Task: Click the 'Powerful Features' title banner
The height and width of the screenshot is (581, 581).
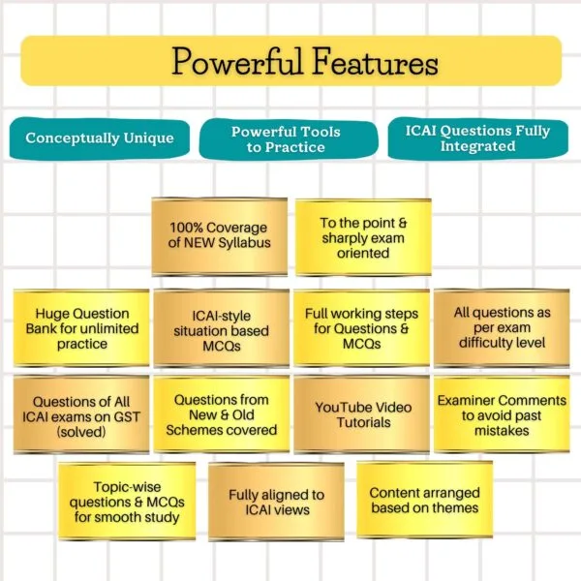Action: [291, 61]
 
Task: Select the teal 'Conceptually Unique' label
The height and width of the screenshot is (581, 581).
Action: [100, 138]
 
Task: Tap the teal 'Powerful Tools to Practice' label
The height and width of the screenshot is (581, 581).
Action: [289, 139]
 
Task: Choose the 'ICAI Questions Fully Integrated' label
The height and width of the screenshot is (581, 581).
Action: [478, 138]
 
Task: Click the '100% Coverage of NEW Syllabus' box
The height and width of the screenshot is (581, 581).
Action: [220, 237]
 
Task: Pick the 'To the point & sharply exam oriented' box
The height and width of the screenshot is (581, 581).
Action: [363, 237]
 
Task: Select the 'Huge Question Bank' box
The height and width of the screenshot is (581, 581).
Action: [81, 328]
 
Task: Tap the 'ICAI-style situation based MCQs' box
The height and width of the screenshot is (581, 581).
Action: [222, 328]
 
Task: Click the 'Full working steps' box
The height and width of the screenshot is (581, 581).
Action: [361, 328]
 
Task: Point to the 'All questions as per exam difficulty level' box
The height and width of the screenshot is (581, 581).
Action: [502, 328]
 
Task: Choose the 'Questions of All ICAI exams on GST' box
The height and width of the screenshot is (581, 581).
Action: [81, 415]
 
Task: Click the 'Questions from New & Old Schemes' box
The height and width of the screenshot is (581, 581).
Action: [222, 414]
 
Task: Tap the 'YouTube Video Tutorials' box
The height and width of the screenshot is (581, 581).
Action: [361, 414]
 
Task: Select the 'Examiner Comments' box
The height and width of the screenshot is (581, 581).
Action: [502, 414]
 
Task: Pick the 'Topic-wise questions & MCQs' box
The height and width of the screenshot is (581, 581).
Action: [127, 501]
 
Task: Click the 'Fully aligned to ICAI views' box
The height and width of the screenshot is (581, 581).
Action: [276, 502]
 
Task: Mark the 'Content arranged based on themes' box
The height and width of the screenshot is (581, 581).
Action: [425, 500]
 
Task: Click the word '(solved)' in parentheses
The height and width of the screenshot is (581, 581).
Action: [81, 432]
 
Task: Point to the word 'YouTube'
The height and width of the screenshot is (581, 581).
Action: [339, 408]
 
